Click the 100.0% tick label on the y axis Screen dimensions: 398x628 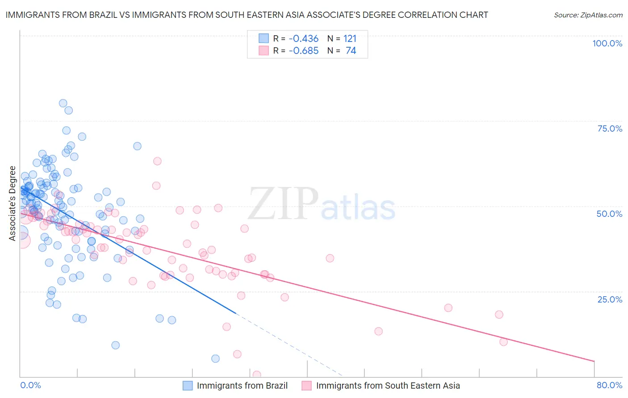point(607,43)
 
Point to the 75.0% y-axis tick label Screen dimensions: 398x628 point(610,129)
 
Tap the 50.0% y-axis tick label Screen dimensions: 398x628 point(609,214)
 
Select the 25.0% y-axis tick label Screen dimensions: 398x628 point(610,299)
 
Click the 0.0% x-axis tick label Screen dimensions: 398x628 point(30,385)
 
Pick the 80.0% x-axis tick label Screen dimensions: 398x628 point(609,385)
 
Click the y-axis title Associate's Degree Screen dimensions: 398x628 point(13,203)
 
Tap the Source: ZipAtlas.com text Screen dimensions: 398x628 point(588,15)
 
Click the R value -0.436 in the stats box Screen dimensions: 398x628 point(304,39)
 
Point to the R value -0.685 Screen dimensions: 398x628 point(304,51)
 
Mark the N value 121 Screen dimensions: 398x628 point(350,39)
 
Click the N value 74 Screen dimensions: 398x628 point(351,51)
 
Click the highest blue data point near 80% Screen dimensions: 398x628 point(63,103)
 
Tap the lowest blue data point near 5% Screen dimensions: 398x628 point(215,358)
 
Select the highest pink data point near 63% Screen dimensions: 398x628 point(157,161)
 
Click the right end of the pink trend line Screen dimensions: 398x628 point(594,361)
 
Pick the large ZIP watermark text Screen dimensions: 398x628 point(283,204)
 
